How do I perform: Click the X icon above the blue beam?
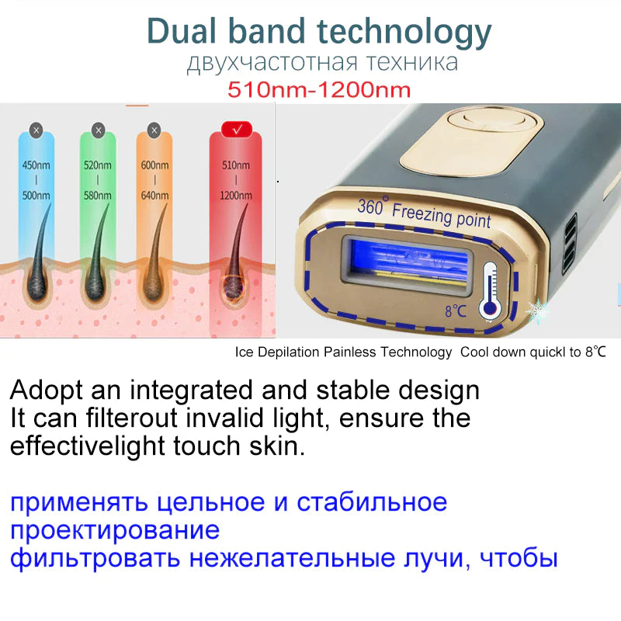36,130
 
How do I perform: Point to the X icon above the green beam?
98,130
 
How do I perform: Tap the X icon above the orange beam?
154,130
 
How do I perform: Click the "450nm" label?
35,165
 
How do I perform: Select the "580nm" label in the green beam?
98,196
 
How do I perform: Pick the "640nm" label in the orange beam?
154,196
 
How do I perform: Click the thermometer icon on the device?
490,289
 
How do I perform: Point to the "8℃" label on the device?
456,311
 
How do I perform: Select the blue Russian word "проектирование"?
115,530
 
